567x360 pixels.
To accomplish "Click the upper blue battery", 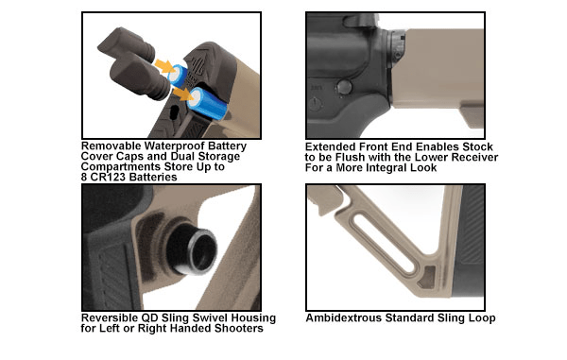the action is (179, 76).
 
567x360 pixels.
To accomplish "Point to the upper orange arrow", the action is (163, 66).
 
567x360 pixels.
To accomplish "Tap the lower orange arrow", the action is (182, 94).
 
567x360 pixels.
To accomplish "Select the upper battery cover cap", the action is (127, 44).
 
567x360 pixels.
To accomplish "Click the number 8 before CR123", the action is (84, 177).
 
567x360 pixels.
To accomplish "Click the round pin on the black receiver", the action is (343, 87).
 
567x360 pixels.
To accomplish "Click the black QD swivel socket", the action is (194, 249).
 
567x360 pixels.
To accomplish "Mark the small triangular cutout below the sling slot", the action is (427, 277).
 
